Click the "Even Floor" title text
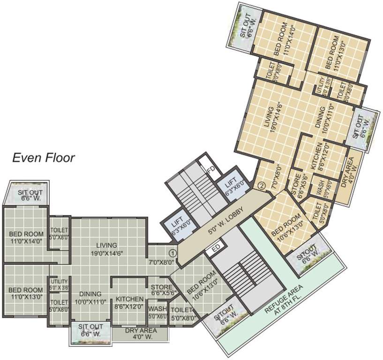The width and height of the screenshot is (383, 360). coord(43,157)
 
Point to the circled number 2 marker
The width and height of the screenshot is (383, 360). coord(262,185)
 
